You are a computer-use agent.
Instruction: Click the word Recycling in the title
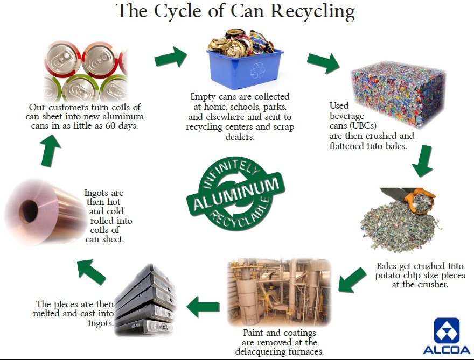pyautogui.click(x=313, y=12)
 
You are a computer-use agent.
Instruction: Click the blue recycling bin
pyautogui.click(x=245, y=69)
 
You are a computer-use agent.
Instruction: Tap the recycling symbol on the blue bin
pyautogui.click(x=257, y=70)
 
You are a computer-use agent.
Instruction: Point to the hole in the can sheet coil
pyautogui.click(x=29, y=211)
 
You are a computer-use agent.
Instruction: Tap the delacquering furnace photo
pyautogui.click(x=278, y=292)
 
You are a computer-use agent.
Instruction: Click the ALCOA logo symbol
pyautogui.click(x=447, y=330)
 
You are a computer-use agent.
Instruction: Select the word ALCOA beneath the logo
pyautogui.click(x=447, y=350)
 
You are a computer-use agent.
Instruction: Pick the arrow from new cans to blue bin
pyautogui.click(x=171, y=58)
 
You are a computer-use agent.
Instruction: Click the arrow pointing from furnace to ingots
pyautogui.click(x=203, y=307)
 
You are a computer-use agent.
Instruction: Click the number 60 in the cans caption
pyautogui.click(x=110, y=125)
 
